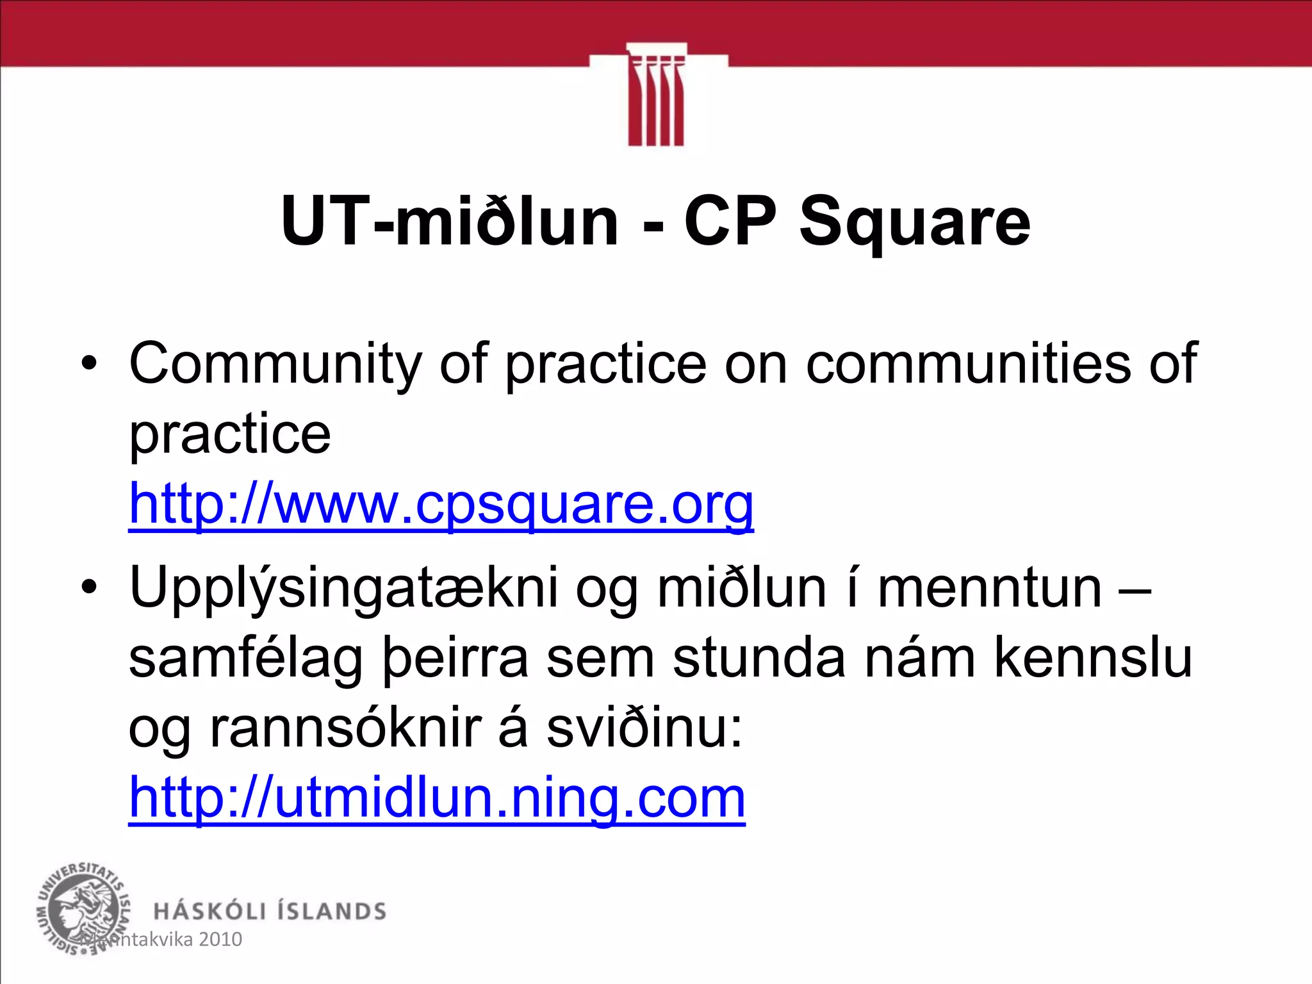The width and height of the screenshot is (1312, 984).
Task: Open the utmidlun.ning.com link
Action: [x=437, y=798]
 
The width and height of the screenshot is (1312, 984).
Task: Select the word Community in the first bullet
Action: [x=275, y=364]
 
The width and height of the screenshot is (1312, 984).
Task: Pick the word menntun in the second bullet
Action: [x=989, y=588]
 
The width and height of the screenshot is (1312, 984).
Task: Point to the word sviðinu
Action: [x=644, y=729]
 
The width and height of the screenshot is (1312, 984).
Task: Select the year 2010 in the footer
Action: [x=220, y=940]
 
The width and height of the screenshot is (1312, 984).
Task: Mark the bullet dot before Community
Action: [x=89, y=364]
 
